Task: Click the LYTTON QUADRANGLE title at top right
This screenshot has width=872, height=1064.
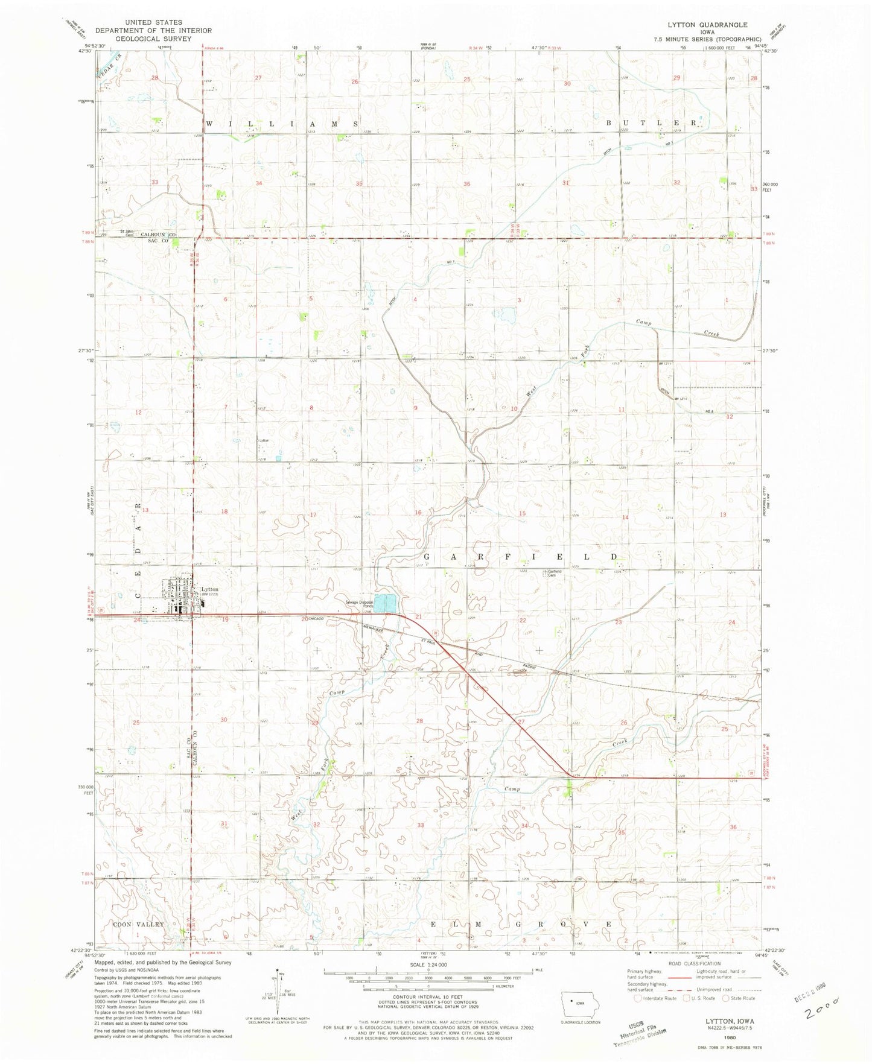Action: pyautogui.click(x=707, y=25)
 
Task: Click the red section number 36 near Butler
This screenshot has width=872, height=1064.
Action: pyautogui.click(x=466, y=183)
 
